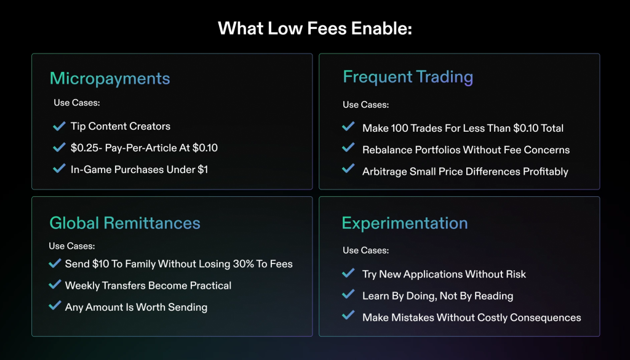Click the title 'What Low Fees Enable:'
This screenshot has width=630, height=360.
pyautogui.click(x=314, y=28)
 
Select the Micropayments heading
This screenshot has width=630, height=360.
pyautogui.click(x=110, y=78)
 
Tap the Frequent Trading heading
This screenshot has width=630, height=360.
pyautogui.click(x=407, y=77)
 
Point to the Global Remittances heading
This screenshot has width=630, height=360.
pyautogui.click(x=125, y=222)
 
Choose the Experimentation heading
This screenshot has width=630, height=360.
pyautogui.click(x=404, y=223)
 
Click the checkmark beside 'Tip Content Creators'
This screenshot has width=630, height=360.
pyautogui.click(x=59, y=126)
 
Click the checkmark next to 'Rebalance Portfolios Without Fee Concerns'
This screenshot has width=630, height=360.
pyautogui.click(x=348, y=149)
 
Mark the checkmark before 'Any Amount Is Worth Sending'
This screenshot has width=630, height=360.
pyautogui.click(x=54, y=306)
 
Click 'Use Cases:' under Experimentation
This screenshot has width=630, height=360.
pyautogui.click(x=365, y=250)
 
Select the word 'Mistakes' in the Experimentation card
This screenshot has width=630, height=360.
pyautogui.click(x=412, y=318)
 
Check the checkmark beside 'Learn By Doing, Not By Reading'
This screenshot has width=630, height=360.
pyautogui.click(x=348, y=295)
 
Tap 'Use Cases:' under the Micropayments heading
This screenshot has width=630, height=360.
pyautogui.click(x=76, y=103)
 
